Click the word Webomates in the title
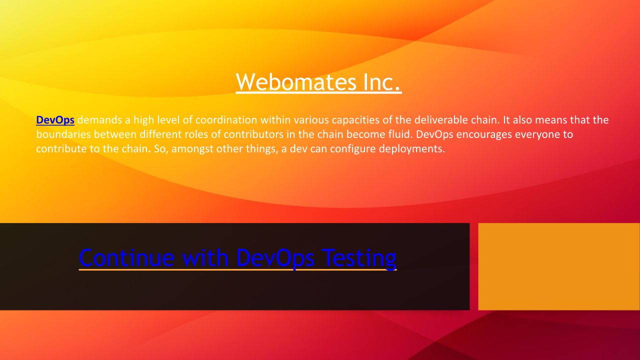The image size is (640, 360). tap(296, 82)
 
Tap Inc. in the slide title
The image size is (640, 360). tap(382, 82)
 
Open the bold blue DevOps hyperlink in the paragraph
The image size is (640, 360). tap(55, 120)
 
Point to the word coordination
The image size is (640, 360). tap(226, 120)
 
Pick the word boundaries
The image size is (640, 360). tap(63, 134)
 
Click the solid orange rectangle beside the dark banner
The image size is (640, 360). tap(559, 266)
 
